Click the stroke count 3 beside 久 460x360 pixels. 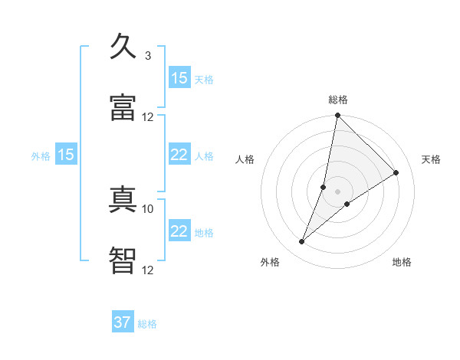tap(148, 56)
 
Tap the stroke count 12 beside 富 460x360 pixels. tap(148, 116)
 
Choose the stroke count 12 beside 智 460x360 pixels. tap(148, 270)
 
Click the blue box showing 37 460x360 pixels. tap(123, 322)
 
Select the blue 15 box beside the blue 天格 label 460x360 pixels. tap(179, 78)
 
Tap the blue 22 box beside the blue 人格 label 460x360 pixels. tap(179, 155)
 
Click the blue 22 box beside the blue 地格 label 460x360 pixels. tap(179, 231)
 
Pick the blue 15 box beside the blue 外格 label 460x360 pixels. tap(66, 155)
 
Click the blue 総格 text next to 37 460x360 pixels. tap(147, 324)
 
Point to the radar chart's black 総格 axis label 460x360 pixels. tap(338, 100)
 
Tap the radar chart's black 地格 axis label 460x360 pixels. tap(402, 262)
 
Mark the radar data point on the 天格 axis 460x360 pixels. tap(396, 173)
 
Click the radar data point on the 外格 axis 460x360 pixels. tap(302, 242)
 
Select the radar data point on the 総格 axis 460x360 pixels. tap(338, 116)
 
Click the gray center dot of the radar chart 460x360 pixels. tap(338, 191)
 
